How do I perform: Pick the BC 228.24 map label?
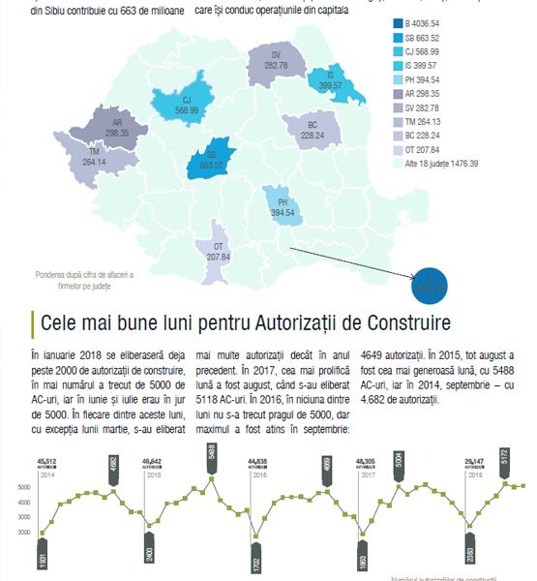pyautogui.click(x=312, y=131)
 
